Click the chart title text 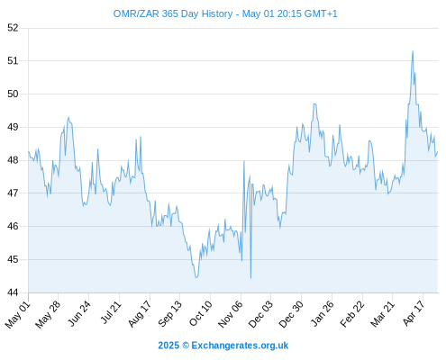click(x=225, y=13)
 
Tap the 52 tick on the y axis click(x=13, y=28)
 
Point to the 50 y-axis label click(x=13, y=94)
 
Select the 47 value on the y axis click(x=13, y=193)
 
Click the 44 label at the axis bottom click(x=13, y=292)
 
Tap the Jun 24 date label click(x=78, y=313)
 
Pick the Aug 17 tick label click(x=140, y=313)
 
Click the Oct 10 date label click(x=200, y=313)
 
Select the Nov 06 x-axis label click(x=230, y=314)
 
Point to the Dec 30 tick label click(x=291, y=314)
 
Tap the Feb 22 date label click(x=352, y=314)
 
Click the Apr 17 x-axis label click(x=414, y=313)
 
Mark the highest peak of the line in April click(x=413, y=51)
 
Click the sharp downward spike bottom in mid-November click(x=250, y=278)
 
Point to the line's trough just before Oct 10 click(x=196, y=277)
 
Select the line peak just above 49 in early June click(x=68, y=117)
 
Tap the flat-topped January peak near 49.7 click(x=314, y=104)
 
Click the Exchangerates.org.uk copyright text click(x=223, y=346)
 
